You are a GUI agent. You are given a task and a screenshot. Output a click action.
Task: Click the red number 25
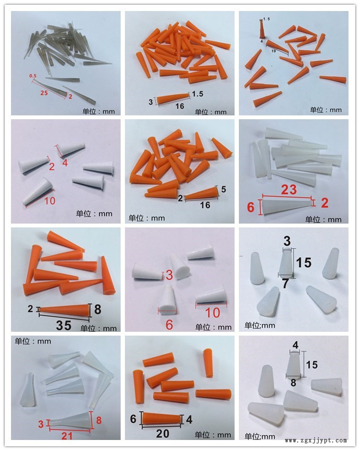[44, 92]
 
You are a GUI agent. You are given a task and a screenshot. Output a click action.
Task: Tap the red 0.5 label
[33, 76]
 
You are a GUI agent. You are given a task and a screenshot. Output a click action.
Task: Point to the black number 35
[64, 325]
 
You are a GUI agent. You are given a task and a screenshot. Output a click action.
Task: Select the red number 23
[289, 190]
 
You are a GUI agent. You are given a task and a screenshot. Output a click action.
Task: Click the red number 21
[67, 436]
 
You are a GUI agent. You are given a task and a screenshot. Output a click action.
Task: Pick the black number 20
[162, 433]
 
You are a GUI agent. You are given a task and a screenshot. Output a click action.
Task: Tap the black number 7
[285, 283]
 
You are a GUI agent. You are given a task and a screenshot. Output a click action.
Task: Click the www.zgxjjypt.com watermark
[316, 440]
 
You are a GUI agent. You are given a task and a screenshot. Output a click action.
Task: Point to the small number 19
[273, 51]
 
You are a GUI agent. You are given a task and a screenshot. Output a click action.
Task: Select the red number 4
[65, 163]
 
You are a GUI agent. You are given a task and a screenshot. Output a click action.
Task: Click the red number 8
[99, 420]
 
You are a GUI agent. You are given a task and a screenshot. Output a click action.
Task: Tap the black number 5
[224, 189]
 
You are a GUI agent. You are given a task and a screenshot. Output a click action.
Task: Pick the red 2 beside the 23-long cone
[325, 203]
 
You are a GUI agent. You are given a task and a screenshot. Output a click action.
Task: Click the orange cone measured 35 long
[64, 310]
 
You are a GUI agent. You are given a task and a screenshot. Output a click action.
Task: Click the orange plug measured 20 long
[162, 418]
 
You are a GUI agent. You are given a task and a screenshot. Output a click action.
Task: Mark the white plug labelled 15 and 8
[293, 365]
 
